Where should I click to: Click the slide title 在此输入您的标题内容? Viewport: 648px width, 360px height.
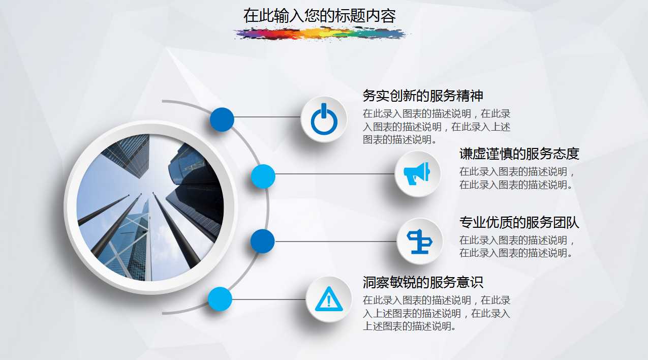[319, 16]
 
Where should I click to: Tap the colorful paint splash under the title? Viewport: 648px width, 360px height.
[321, 34]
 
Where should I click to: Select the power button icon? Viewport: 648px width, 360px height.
[324, 120]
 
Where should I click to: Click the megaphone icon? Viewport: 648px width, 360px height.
[417, 174]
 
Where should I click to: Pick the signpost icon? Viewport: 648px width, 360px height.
[419, 241]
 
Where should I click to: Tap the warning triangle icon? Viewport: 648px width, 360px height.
[328, 299]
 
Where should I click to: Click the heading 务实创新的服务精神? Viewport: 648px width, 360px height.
[422, 96]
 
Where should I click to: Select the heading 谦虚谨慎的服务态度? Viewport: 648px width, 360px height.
[519, 154]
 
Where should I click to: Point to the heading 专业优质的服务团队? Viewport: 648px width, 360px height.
[519, 223]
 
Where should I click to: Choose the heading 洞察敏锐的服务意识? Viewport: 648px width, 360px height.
[422, 282]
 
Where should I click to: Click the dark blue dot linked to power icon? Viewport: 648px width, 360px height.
[222, 120]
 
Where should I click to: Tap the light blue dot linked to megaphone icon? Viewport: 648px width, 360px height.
[263, 177]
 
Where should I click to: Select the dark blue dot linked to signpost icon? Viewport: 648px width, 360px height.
[263, 242]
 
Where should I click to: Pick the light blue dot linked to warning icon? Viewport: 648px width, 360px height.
[220, 299]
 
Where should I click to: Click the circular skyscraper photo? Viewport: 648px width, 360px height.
[150, 207]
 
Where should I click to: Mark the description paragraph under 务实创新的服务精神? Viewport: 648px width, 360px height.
[436, 127]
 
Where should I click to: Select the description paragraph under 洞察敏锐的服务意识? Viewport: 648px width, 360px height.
[436, 313]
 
